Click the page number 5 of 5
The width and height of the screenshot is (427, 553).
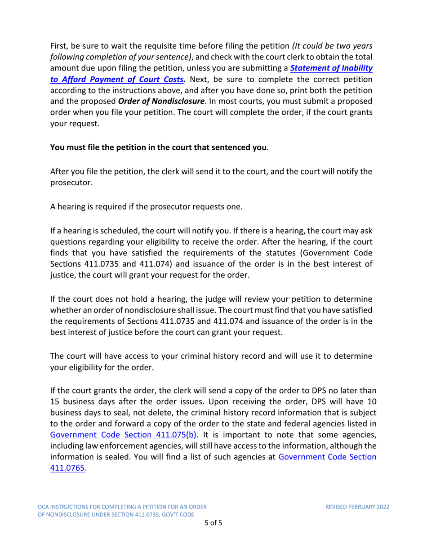tap(213, 523)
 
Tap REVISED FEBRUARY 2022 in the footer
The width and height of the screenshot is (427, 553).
tap(357, 507)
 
